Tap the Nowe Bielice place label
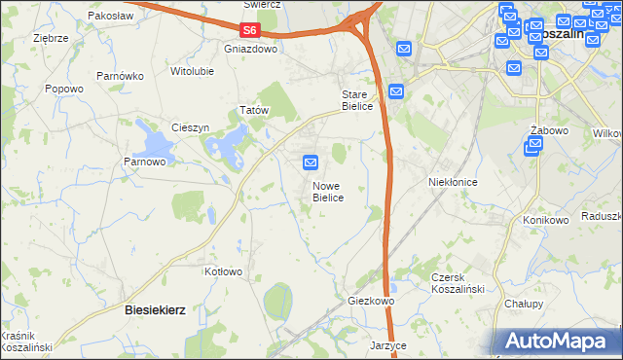click(327, 191)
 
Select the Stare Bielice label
click(356, 100)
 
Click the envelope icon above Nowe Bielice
click(311, 162)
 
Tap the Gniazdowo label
click(250, 48)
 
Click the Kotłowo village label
click(222, 271)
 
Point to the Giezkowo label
click(371, 302)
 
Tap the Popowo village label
click(64, 89)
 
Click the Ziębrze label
click(50, 38)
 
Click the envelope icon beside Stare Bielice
click(396, 91)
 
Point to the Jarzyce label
click(387, 345)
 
